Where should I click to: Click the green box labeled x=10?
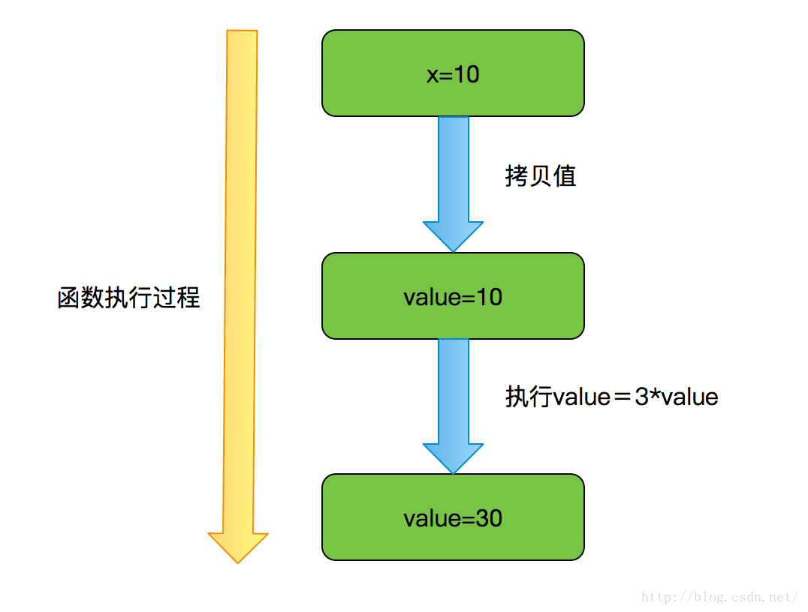pyautogui.click(x=453, y=73)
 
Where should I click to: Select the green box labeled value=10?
pyautogui.click(x=453, y=296)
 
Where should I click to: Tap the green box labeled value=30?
pyautogui.click(x=453, y=517)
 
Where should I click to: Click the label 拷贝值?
pyautogui.click(x=540, y=176)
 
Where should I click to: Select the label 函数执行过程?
pyautogui.click(x=128, y=298)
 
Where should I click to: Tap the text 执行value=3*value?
pyautogui.click(x=611, y=397)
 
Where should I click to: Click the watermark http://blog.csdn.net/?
pyautogui.click(x=719, y=597)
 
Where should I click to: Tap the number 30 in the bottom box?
pyautogui.click(x=489, y=518)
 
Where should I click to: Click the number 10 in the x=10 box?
pyautogui.click(x=466, y=75)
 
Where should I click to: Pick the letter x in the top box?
pyautogui.click(x=432, y=75)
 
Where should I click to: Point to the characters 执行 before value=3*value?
pyautogui.click(x=529, y=397)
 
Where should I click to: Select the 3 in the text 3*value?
pyautogui.click(x=641, y=397)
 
